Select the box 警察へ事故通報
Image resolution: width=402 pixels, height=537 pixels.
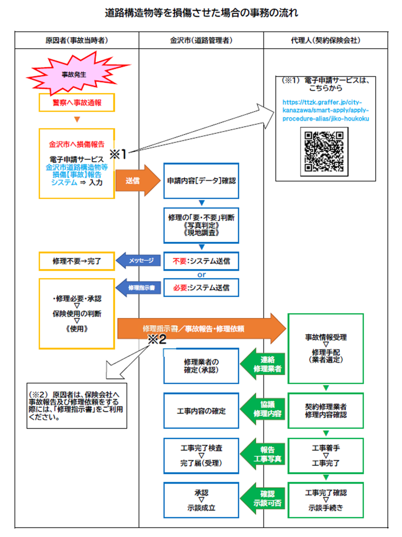pyautogui.click(x=77, y=102)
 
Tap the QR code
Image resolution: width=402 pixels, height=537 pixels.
pyautogui.click(x=324, y=152)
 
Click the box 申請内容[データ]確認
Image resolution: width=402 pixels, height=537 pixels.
pyautogui.click(x=201, y=181)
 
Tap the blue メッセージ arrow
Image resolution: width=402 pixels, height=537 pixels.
pyautogui.click(x=140, y=261)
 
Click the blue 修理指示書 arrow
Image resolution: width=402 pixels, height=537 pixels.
pyautogui.click(x=140, y=287)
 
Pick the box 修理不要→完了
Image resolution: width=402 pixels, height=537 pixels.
pyautogui.click(x=76, y=261)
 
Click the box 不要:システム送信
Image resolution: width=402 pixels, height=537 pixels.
pyautogui.click(x=201, y=261)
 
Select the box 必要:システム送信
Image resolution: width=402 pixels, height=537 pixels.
pyautogui.click(x=201, y=287)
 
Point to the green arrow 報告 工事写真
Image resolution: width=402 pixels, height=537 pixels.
pyautogui.click(x=264, y=455)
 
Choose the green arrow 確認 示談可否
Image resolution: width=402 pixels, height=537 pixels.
pyautogui.click(x=264, y=499)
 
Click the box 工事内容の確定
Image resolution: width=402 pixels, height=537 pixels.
pyautogui.click(x=201, y=411)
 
